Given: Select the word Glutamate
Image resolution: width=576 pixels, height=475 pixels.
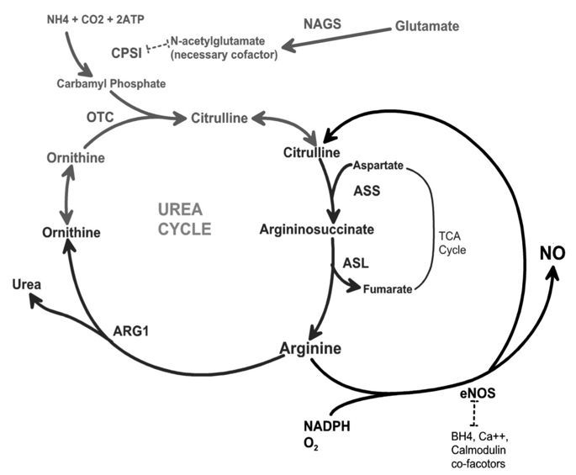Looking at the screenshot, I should (x=427, y=26).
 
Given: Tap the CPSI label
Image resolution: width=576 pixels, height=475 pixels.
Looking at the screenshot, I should (x=126, y=54).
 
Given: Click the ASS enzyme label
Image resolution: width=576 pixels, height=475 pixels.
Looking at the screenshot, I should (x=367, y=191).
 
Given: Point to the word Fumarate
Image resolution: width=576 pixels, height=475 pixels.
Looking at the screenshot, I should (x=388, y=289).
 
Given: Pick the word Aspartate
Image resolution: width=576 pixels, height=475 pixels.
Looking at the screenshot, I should (x=378, y=163).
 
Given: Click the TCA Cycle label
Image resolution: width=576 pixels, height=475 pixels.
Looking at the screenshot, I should (x=453, y=244).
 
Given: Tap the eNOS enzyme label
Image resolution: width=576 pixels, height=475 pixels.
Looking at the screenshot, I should (x=477, y=393).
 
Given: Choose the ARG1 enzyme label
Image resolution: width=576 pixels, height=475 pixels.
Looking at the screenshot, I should (x=133, y=330).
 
